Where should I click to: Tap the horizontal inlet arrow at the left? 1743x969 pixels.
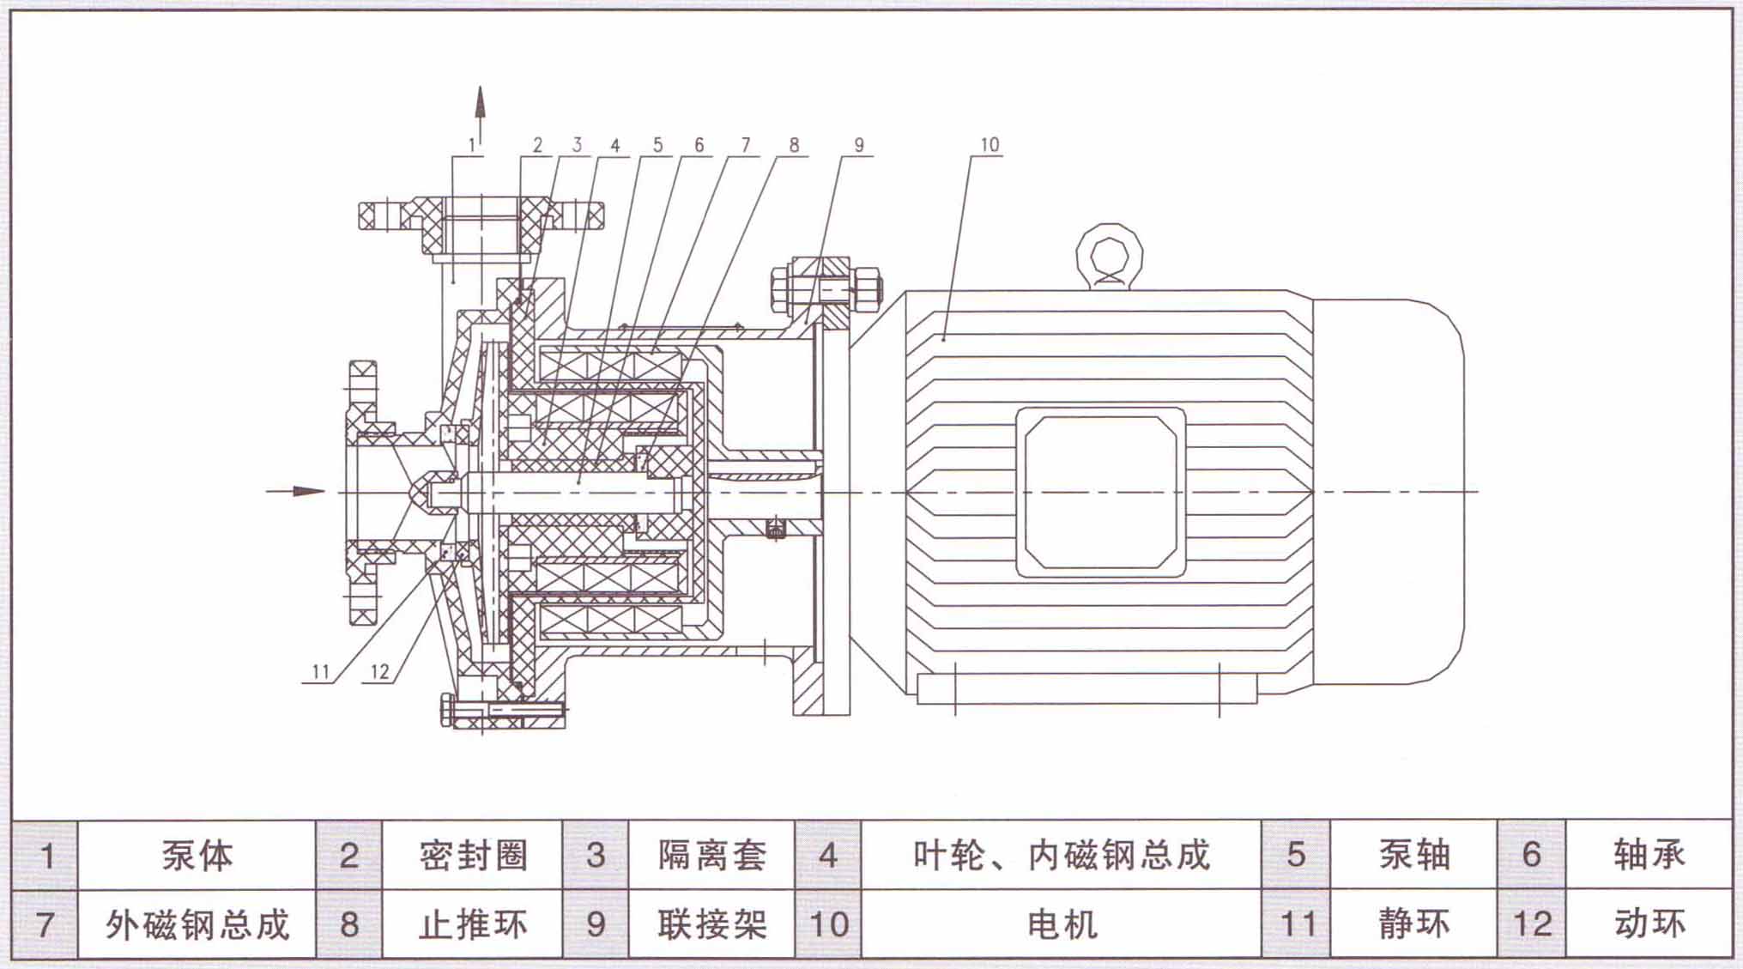click(x=297, y=491)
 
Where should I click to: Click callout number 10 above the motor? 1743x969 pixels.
click(x=990, y=144)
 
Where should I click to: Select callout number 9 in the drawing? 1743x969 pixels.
click(x=859, y=144)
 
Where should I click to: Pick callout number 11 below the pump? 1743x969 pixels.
click(x=321, y=671)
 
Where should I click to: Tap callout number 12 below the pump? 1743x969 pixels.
click(x=379, y=671)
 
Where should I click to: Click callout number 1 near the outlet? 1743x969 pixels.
click(x=471, y=145)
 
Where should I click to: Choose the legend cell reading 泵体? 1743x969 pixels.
click(x=197, y=856)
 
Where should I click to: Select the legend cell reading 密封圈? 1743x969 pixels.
click(x=473, y=856)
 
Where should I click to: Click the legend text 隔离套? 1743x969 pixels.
click(x=711, y=856)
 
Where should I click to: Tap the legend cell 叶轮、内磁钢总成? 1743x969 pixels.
click(x=1061, y=856)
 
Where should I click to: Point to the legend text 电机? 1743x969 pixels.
click(x=1062, y=924)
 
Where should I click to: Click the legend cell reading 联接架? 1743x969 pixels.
click(x=711, y=924)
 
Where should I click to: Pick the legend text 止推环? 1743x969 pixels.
click(x=473, y=924)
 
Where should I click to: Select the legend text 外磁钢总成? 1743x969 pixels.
click(x=197, y=924)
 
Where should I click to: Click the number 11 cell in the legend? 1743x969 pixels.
click(x=1297, y=924)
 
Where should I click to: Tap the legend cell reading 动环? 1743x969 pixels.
click(x=1649, y=924)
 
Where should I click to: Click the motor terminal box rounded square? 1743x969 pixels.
click(x=1100, y=492)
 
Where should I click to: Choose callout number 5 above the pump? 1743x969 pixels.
click(x=657, y=144)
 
